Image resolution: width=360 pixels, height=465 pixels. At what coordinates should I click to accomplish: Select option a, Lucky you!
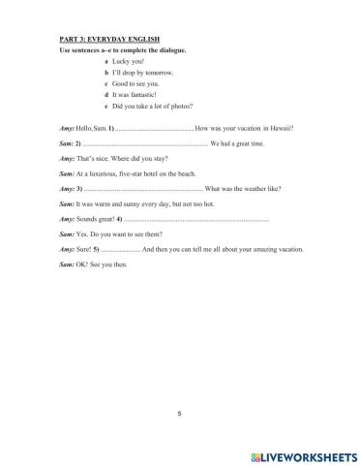[128, 60]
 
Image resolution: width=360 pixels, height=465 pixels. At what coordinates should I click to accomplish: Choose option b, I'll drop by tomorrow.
[140, 72]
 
